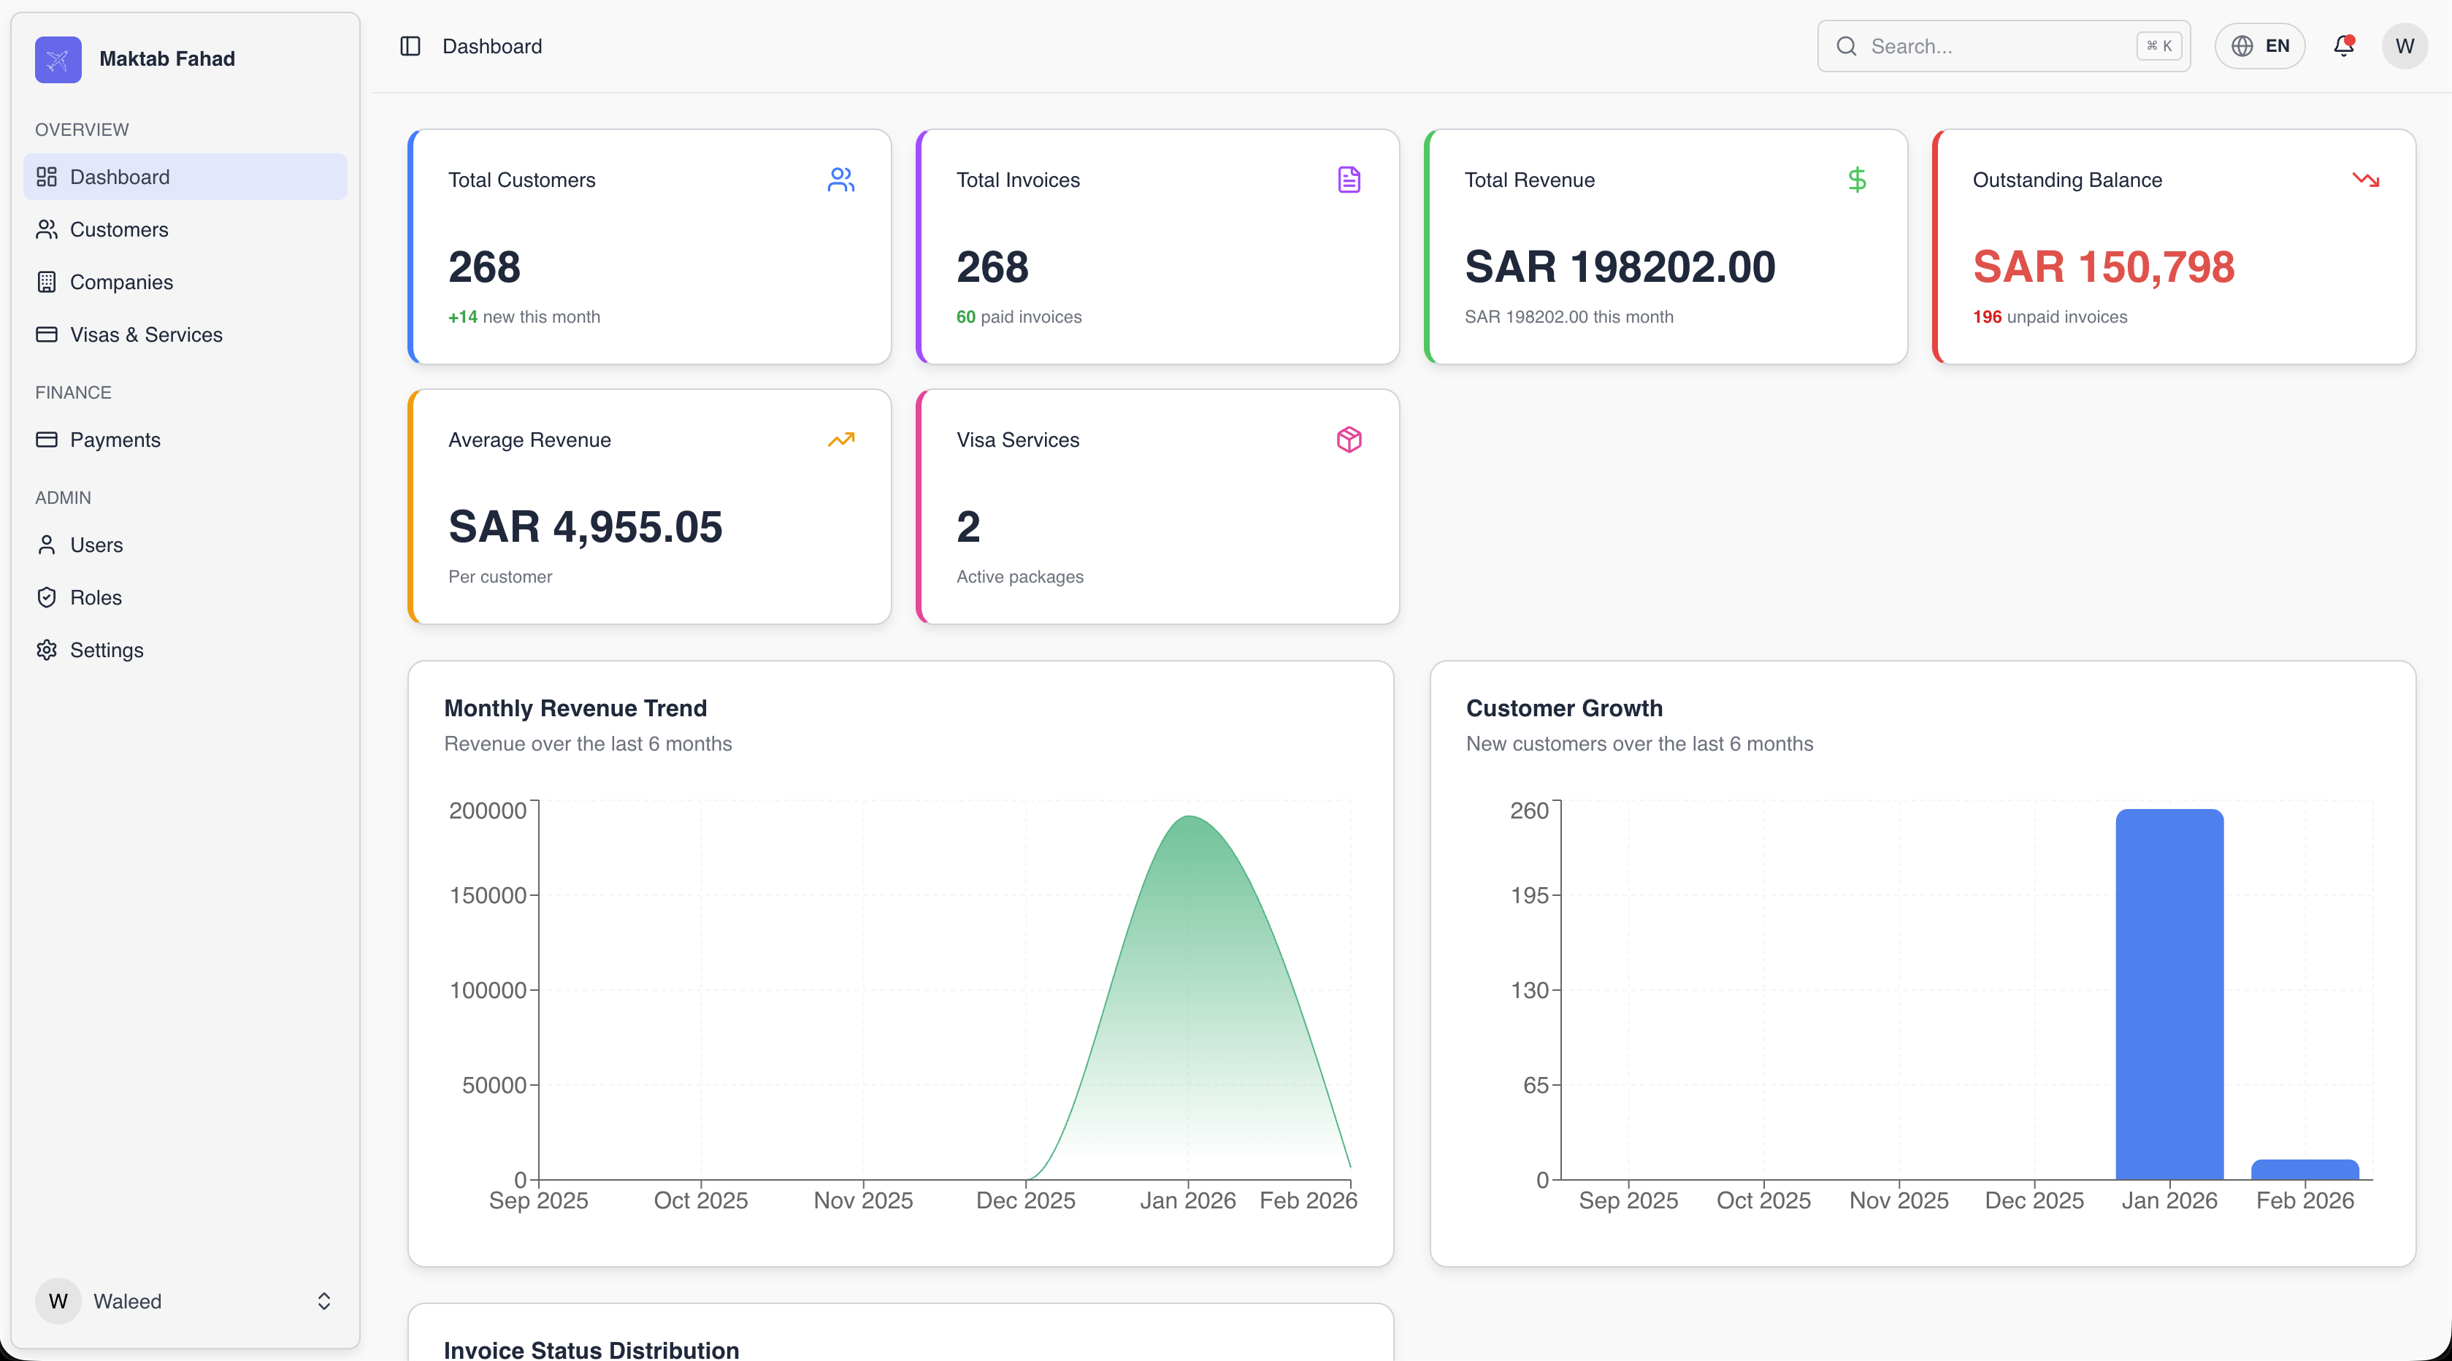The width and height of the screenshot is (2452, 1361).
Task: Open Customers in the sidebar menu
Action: (x=119, y=229)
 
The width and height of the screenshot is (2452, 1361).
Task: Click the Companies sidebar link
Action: (x=121, y=282)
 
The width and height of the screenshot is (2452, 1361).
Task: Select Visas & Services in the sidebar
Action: (x=145, y=334)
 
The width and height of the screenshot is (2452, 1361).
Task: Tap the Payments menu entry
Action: (x=115, y=440)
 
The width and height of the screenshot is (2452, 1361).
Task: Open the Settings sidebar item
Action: (x=107, y=650)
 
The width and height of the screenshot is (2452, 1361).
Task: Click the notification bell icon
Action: (x=2343, y=46)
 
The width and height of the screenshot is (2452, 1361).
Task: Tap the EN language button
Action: (x=2260, y=46)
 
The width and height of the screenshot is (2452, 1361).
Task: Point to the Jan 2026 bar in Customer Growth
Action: (x=2169, y=994)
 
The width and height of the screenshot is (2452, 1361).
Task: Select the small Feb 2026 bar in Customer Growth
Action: (x=2305, y=1170)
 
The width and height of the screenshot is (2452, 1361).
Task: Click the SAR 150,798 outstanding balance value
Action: (x=2104, y=267)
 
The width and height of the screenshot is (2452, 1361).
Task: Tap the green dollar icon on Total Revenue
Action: (x=1857, y=180)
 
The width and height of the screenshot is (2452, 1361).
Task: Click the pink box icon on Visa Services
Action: (x=1349, y=440)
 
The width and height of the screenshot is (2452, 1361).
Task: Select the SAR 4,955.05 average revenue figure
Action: (x=586, y=526)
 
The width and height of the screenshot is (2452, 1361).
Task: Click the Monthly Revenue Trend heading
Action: (x=575, y=708)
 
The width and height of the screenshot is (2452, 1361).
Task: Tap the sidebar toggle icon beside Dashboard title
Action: (x=410, y=46)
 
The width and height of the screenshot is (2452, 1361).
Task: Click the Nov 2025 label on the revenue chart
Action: (x=863, y=1201)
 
